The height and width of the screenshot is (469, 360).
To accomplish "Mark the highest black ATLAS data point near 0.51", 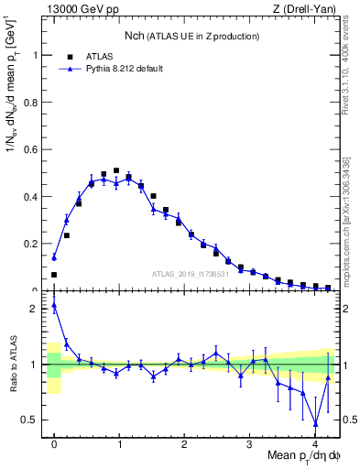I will [116, 170].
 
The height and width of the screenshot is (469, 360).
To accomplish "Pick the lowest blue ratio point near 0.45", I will [316, 423].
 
